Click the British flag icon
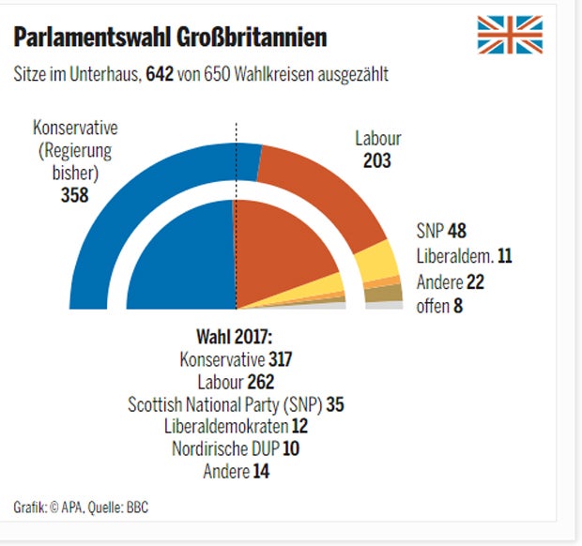click(510, 35)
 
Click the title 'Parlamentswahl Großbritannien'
click(170, 38)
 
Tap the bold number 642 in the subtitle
click(159, 75)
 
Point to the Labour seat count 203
click(377, 160)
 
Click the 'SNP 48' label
click(440, 232)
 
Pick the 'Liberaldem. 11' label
click(463, 255)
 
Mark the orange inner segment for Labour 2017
click(277, 253)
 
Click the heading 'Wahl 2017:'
click(234, 337)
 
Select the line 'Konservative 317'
click(236, 358)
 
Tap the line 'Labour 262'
click(235, 381)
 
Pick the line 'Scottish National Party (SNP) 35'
click(235, 403)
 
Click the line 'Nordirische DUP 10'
click(235, 448)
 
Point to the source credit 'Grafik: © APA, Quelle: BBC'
click(81, 508)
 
